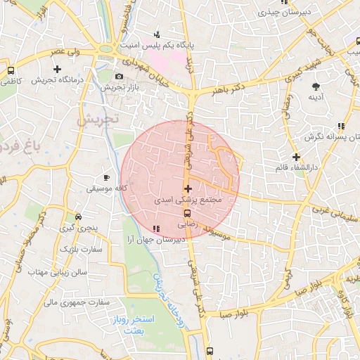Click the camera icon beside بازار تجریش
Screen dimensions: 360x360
coord(119,76)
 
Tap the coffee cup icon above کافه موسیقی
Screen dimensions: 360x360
coord(107,177)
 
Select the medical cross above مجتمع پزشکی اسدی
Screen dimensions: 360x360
coord(187,188)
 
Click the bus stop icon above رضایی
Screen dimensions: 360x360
coord(187,214)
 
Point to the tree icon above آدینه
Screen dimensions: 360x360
coord(314,86)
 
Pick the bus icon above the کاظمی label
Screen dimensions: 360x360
coord(11,70)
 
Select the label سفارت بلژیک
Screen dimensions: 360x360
coord(81,250)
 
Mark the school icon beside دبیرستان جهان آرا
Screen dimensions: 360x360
coord(155,228)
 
